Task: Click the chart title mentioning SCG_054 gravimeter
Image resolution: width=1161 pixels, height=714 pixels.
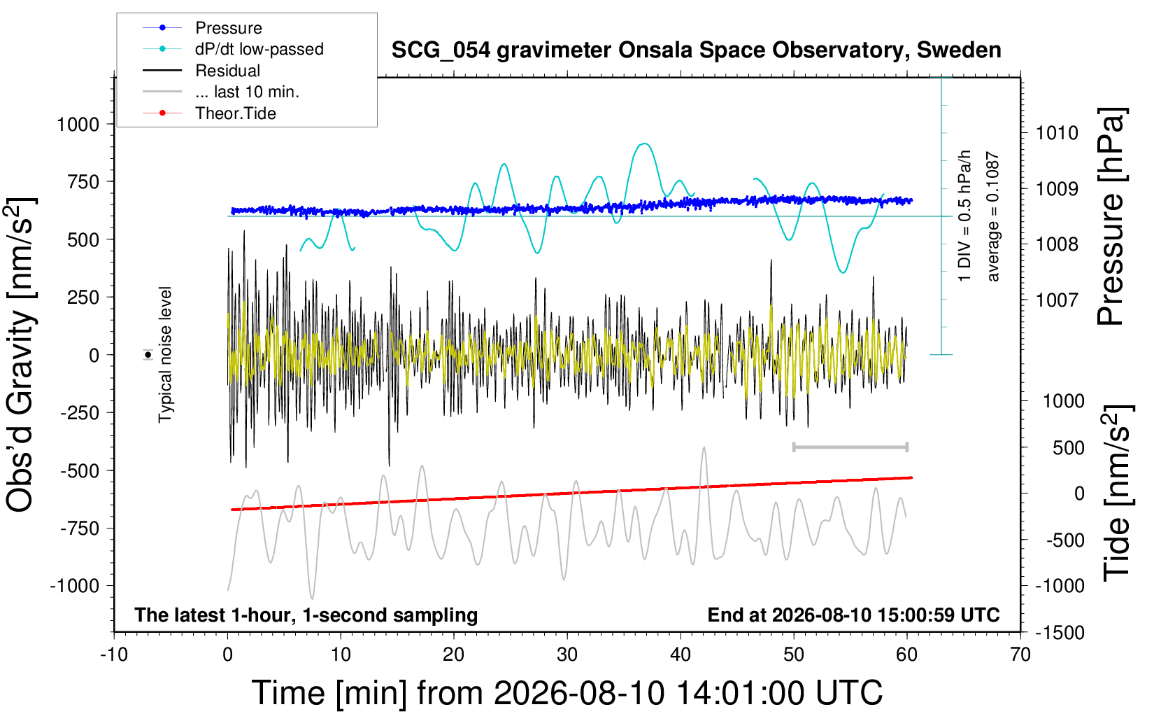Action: pyautogui.click(x=696, y=50)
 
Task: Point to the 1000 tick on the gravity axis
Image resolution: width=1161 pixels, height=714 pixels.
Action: pyautogui.click(x=78, y=125)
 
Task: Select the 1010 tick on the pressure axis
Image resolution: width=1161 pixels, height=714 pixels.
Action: pyautogui.click(x=1057, y=134)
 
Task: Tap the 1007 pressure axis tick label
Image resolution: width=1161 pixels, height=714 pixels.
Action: pyautogui.click(x=1057, y=300)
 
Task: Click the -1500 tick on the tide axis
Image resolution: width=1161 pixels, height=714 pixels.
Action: pyautogui.click(x=1060, y=633)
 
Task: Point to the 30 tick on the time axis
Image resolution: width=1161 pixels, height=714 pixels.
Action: pyautogui.click(x=567, y=654)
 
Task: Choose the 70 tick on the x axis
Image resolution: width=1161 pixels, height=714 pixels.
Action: pyautogui.click(x=1020, y=654)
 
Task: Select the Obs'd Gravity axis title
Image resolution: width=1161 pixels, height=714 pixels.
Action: pyautogui.click(x=21, y=355)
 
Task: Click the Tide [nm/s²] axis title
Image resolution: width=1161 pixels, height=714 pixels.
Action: pyautogui.click(x=1118, y=493)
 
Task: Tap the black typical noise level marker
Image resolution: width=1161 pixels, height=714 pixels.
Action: pyautogui.click(x=148, y=355)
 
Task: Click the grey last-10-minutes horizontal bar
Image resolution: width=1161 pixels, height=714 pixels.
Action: pyautogui.click(x=850, y=447)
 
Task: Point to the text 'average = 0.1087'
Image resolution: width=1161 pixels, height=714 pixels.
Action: pyautogui.click(x=992, y=216)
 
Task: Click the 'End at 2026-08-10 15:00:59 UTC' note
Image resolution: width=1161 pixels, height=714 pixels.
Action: pyautogui.click(x=854, y=615)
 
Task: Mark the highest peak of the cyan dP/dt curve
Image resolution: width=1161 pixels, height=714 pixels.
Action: pyautogui.click(x=643, y=143)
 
